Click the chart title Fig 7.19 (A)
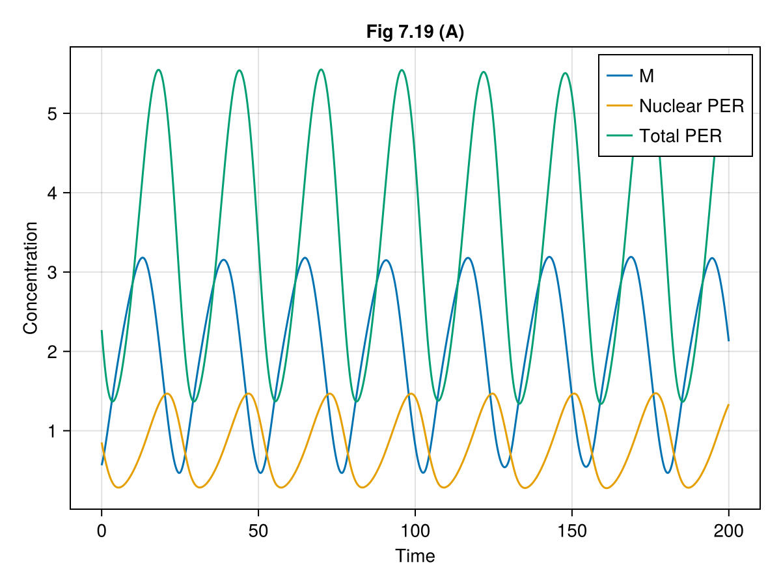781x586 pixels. (415, 32)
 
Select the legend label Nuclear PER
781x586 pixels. (691, 106)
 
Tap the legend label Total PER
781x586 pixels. (680, 136)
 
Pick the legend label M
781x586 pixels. (646, 76)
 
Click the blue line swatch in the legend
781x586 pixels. (620, 76)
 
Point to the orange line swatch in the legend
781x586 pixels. (620, 106)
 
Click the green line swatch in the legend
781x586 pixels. (620, 136)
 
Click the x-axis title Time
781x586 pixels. (415, 556)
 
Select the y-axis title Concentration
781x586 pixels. (30, 278)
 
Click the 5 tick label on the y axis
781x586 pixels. (52, 114)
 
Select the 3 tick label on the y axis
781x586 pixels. (52, 272)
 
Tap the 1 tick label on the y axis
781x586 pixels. (52, 431)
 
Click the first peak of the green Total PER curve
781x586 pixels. (158, 70)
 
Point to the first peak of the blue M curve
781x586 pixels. (143, 257)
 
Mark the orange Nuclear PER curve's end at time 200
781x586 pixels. (728, 405)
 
